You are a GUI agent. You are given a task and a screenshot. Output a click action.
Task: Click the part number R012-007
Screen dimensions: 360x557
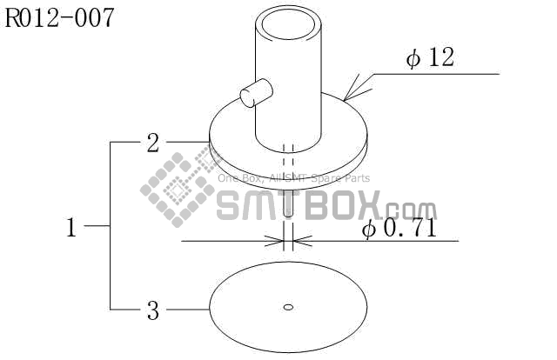pos(60,17)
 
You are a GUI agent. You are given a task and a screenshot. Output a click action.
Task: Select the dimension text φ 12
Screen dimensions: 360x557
pos(430,58)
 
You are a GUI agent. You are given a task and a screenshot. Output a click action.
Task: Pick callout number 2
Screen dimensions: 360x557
pos(153,143)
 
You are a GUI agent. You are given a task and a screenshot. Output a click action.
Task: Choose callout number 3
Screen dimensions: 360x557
pos(153,309)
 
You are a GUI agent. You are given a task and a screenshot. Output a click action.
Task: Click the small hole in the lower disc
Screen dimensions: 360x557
pos(289,306)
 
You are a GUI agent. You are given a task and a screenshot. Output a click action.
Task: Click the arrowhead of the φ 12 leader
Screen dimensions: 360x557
pos(351,95)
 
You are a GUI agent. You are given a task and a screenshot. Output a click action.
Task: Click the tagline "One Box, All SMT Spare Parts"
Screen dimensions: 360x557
pos(293,178)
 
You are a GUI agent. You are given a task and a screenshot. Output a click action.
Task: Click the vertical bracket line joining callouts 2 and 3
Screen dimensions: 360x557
pos(111,226)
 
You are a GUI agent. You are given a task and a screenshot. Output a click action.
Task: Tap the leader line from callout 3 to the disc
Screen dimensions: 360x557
pos(186,309)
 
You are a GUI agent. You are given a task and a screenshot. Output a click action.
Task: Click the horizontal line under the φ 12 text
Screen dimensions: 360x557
pos(435,74)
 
